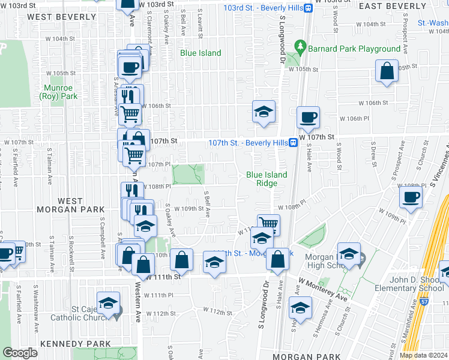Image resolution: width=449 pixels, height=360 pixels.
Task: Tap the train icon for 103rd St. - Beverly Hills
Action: click(308, 8)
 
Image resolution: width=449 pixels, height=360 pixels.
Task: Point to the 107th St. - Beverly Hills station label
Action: click(247, 142)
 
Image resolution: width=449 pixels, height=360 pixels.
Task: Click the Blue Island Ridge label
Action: click(267, 179)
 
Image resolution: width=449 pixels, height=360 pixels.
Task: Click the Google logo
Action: click(20, 353)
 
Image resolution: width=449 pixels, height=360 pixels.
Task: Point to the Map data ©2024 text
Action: click(423, 355)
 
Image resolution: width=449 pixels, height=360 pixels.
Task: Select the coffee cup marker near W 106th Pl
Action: click(308, 117)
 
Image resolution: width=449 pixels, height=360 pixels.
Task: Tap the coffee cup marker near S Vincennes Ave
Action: click(411, 197)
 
